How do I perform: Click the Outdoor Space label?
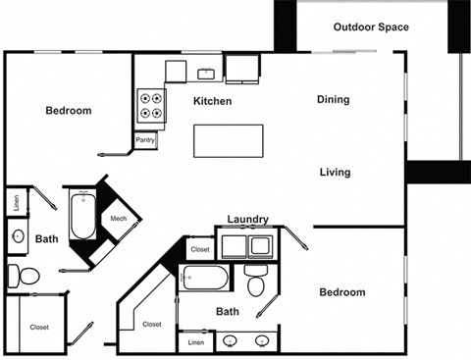click(371, 26)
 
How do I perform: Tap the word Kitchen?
click(212, 101)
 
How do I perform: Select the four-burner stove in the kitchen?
click(150, 104)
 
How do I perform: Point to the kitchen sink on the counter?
click(207, 72)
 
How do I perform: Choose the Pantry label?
click(145, 140)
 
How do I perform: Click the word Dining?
click(334, 100)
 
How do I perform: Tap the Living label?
click(335, 173)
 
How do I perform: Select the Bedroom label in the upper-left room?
click(69, 111)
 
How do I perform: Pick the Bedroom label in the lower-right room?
click(342, 292)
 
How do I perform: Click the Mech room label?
click(119, 219)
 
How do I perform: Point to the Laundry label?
click(247, 219)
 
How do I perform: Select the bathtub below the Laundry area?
click(205, 279)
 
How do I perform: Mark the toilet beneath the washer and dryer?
click(255, 283)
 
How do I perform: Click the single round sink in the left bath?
click(17, 235)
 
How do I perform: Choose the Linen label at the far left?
click(17, 202)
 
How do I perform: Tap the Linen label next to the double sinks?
click(195, 342)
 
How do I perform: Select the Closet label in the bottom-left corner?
click(39, 328)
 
